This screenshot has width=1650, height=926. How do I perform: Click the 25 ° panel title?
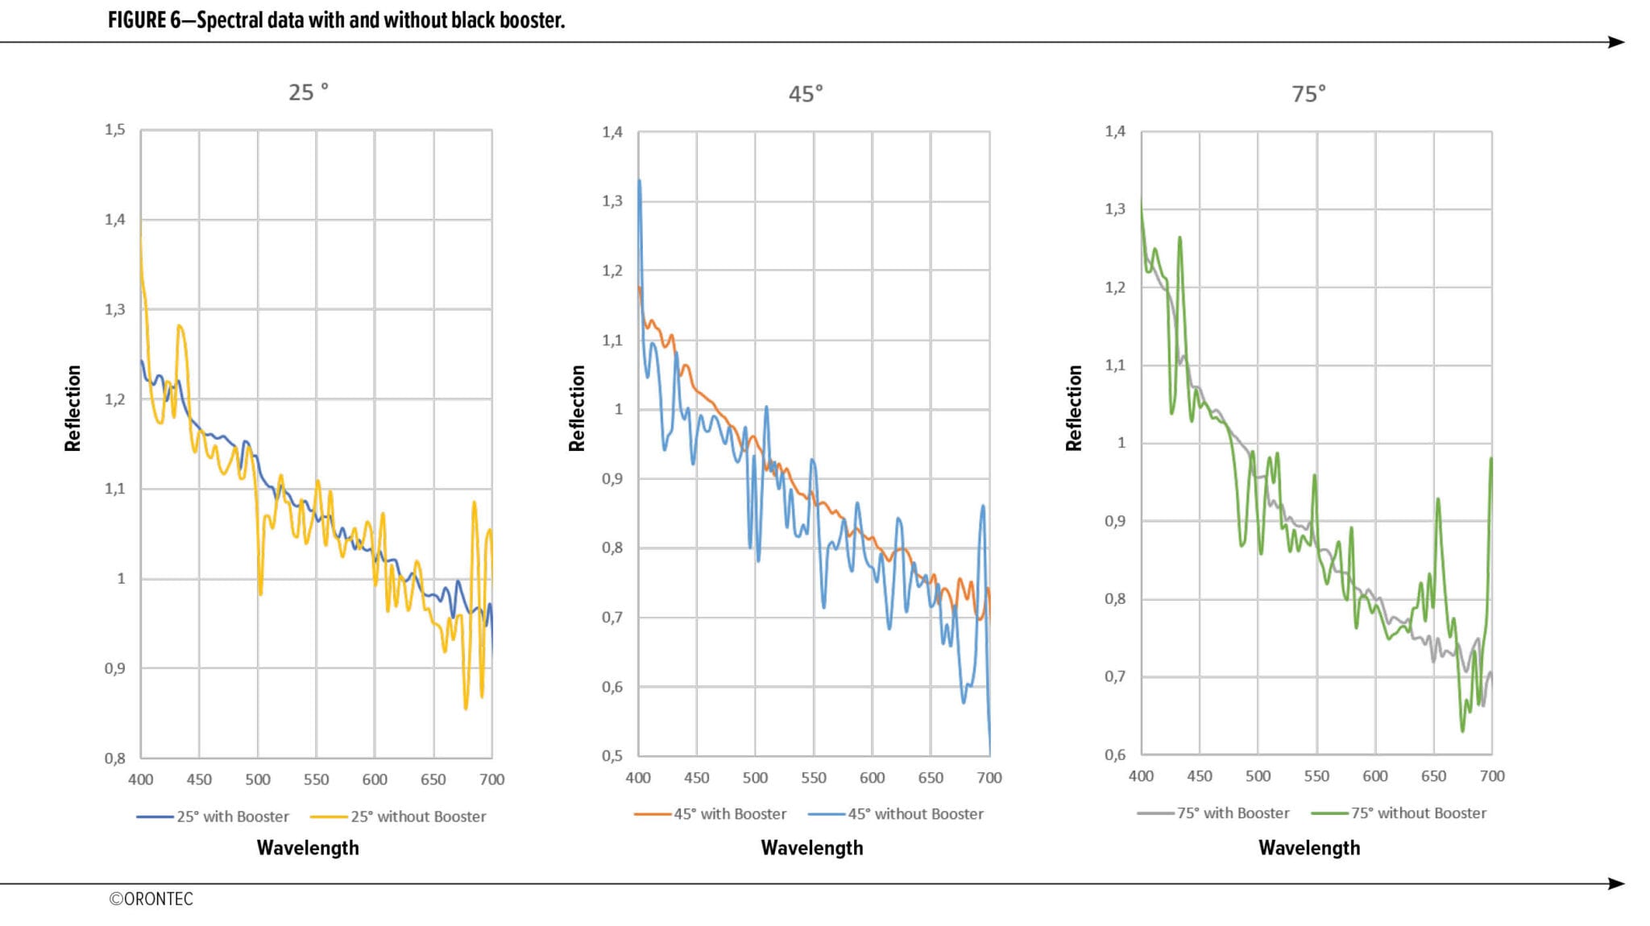[x=309, y=93]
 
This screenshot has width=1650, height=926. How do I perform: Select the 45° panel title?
[x=806, y=94]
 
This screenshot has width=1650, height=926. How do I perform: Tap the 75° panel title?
[x=1308, y=94]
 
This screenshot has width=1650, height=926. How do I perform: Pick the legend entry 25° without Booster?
[x=417, y=816]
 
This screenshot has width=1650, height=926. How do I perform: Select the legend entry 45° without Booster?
[x=914, y=814]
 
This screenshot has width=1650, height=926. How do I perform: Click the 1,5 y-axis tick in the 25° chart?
[x=115, y=130]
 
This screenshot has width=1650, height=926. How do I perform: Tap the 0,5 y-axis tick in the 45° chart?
[x=612, y=756]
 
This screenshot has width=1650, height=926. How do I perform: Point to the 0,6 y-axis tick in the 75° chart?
[x=1115, y=754]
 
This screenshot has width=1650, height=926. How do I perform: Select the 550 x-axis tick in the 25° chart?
[x=316, y=779]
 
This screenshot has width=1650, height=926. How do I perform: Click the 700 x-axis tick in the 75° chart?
[x=1492, y=776]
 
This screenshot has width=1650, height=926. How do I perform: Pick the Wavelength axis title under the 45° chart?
[x=812, y=848]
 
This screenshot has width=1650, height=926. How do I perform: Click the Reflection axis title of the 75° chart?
[x=1074, y=407]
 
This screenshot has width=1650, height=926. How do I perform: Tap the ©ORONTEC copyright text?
[x=151, y=899]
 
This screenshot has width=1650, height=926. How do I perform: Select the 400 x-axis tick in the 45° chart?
[x=638, y=778]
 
